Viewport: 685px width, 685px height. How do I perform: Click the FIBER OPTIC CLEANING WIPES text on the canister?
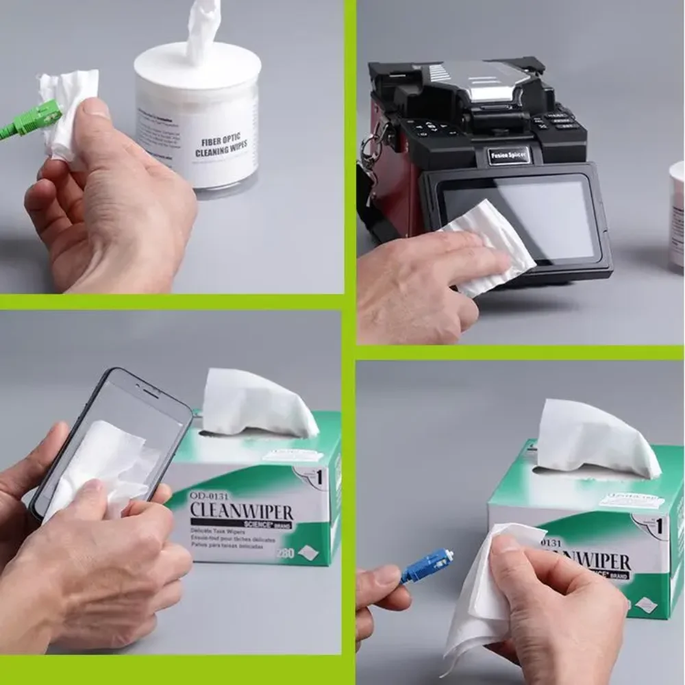point(221,146)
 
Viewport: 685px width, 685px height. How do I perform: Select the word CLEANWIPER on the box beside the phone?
point(241,511)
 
